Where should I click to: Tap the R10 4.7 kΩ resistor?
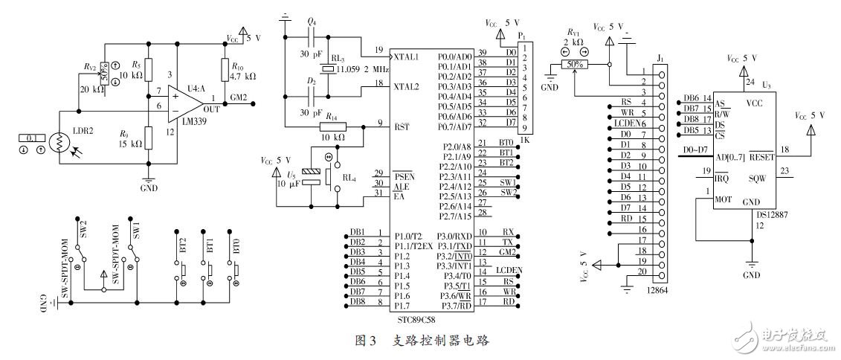point(225,71)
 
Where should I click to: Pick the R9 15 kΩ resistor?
point(149,138)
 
